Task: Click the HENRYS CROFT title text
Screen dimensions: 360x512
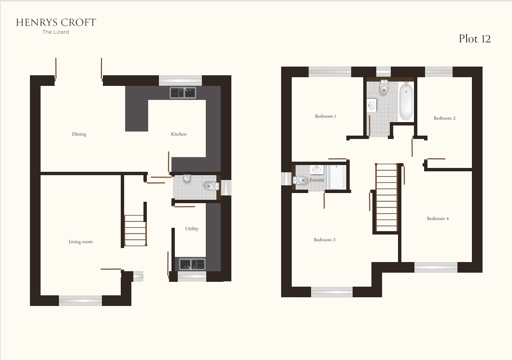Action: click(56, 22)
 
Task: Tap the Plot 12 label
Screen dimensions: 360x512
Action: click(474, 39)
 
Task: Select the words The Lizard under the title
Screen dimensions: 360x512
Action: click(56, 32)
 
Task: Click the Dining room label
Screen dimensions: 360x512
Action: click(79, 134)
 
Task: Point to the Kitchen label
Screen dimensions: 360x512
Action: click(178, 134)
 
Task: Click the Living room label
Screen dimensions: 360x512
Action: click(80, 242)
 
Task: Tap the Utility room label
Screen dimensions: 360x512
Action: click(192, 229)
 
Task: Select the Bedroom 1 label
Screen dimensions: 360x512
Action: click(325, 116)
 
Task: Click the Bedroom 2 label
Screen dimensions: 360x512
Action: click(444, 118)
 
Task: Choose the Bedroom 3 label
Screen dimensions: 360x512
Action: click(325, 240)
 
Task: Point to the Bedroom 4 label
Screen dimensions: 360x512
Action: click(438, 219)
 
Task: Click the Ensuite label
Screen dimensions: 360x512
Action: click(317, 180)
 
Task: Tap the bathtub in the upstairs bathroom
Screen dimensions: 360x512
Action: click(406, 101)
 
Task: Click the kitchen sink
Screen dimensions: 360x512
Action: click(183, 92)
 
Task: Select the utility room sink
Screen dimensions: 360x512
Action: click(192, 264)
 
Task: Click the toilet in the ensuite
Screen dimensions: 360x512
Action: click(300, 180)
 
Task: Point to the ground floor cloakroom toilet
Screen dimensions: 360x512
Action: click(211, 186)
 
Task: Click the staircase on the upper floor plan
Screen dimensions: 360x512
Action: click(386, 198)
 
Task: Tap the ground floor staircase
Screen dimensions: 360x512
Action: click(135, 230)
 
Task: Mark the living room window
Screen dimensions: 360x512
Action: click(80, 301)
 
